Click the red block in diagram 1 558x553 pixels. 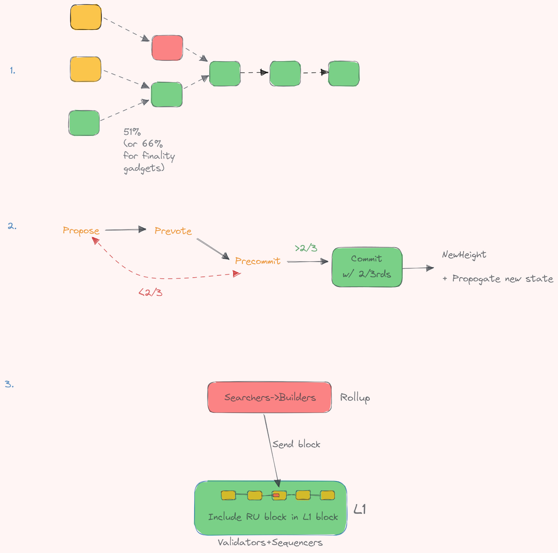pos(167,48)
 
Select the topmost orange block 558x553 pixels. pos(86,17)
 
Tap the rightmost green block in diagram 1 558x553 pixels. pos(344,74)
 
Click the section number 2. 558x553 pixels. pos(12,226)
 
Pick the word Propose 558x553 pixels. pos(81,231)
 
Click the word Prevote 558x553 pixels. pos(173,231)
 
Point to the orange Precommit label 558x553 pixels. pos(257,261)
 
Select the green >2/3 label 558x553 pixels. pos(306,248)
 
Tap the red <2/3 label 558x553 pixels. pos(150,293)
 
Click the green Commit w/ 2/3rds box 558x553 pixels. pos(367,267)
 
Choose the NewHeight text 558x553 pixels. pos(464,255)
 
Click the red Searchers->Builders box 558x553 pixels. pos(270,397)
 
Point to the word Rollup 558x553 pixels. pos(355,398)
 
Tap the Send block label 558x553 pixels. pos(296,444)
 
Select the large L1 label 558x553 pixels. pos(360,509)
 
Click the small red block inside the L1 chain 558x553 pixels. pos(276,495)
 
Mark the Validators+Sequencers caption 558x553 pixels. pos(270,543)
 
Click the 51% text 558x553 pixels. pos(132,132)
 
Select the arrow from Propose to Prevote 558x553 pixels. pos(126,230)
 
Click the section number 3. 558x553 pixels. pos(9,384)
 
